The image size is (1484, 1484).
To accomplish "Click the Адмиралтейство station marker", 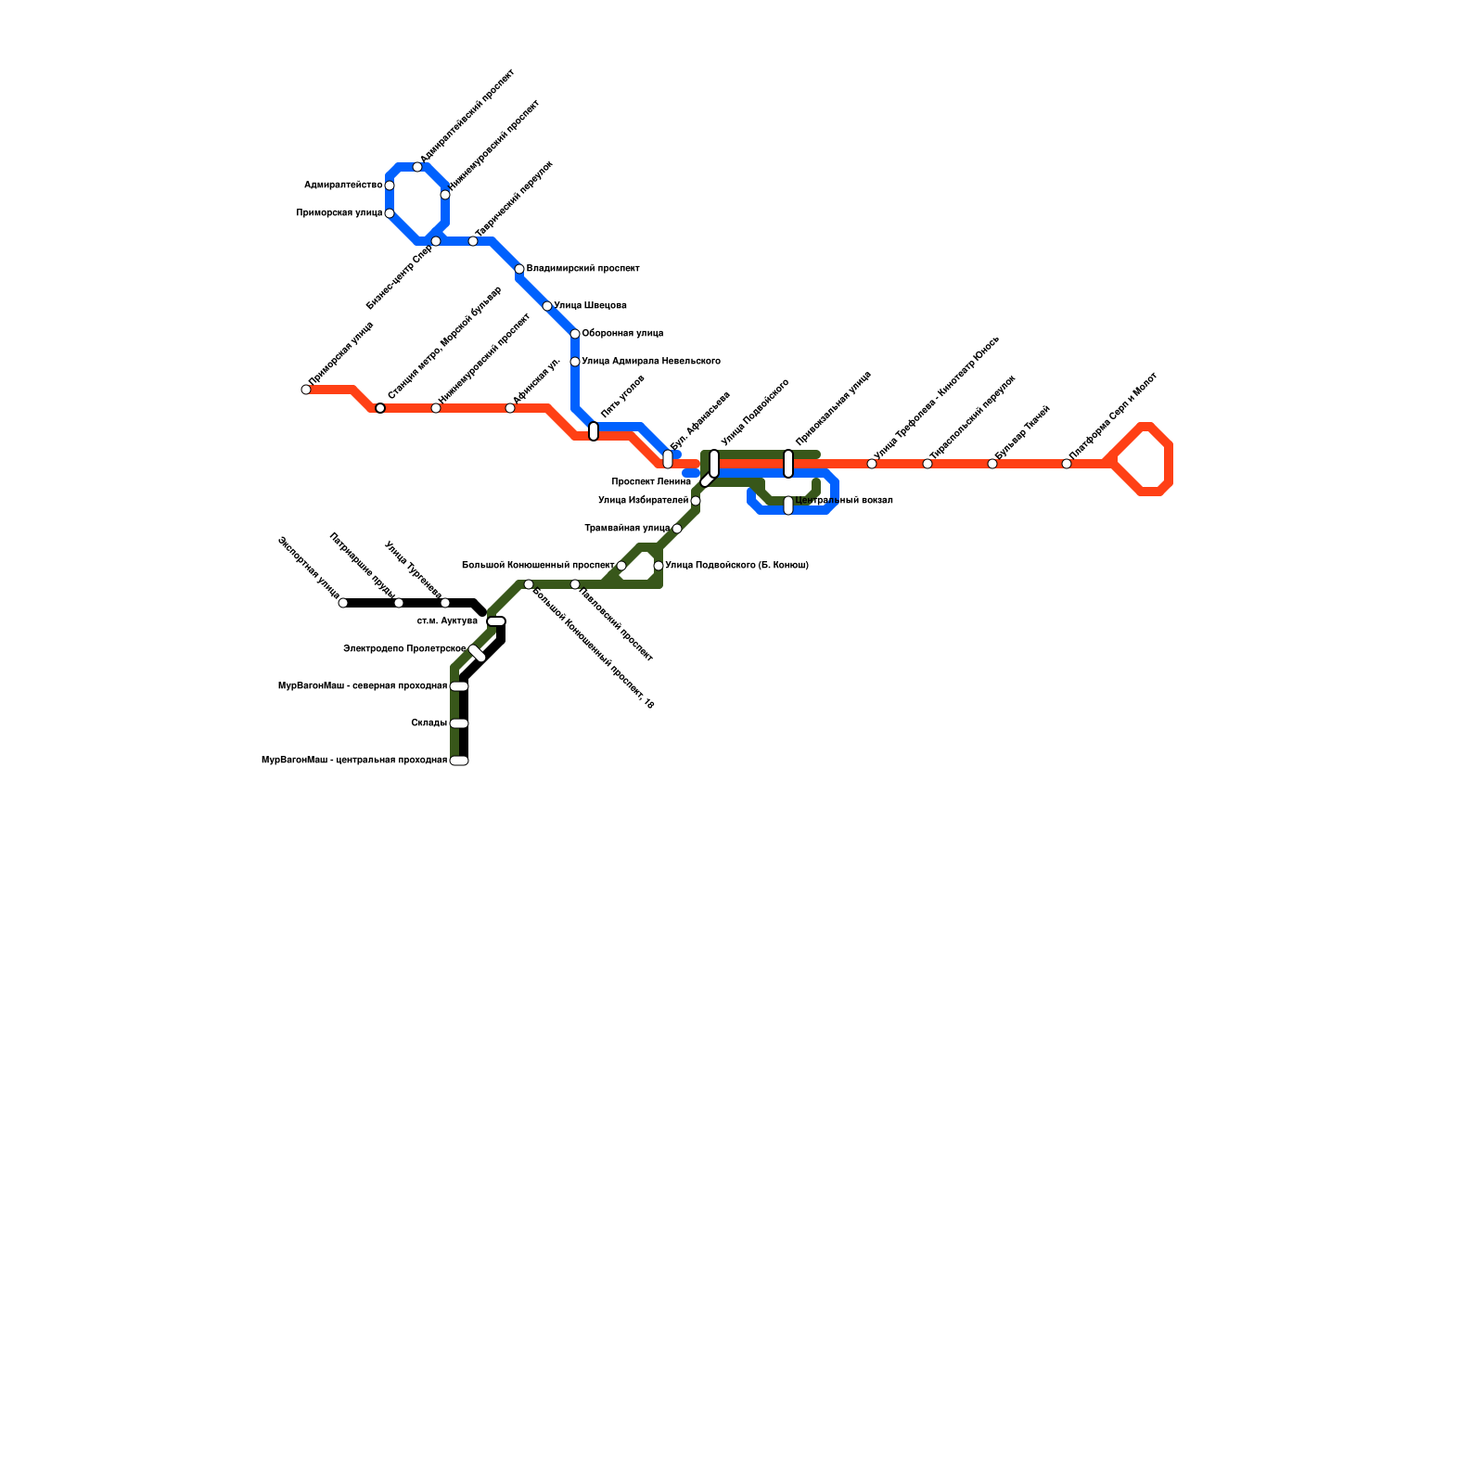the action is [x=390, y=185].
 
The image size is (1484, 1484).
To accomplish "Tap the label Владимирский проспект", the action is [x=582, y=269].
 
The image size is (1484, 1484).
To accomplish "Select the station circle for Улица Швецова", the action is [x=547, y=306].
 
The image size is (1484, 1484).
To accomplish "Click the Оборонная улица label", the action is [x=622, y=334].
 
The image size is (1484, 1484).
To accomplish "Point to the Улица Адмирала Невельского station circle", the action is [x=575, y=362].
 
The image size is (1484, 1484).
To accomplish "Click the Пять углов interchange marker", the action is [x=594, y=431].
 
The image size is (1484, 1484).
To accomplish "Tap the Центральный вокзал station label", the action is [x=844, y=501].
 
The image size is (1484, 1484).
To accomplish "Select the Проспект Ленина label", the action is [x=651, y=482].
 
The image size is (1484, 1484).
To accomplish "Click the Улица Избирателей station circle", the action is [x=696, y=501].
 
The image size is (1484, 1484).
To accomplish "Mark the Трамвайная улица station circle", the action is [x=677, y=529].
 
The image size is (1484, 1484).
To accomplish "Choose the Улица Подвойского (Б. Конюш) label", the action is [x=736, y=566].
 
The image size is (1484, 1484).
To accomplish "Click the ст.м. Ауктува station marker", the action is [x=496, y=621].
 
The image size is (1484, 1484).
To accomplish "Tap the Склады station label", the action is [x=429, y=723].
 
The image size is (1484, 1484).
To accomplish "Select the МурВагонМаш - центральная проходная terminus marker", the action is [x=459, y=761].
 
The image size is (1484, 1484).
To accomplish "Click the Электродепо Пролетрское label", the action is [x=404, y=649].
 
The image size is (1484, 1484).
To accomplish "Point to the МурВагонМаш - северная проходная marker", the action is [x=459, y=686].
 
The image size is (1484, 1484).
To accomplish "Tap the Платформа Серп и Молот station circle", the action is [x=1067, y=464].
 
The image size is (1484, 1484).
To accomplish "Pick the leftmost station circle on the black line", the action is [x=343, y=603].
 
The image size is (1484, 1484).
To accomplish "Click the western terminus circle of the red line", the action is [x=306, y=390].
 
